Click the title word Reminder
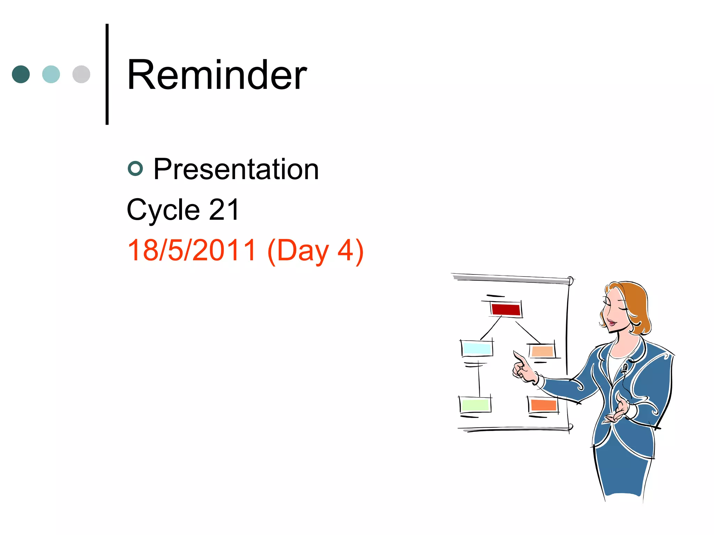[x=217, y=75]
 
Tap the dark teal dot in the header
[x=21, y=74]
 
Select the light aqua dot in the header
[x=51, y=74]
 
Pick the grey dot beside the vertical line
[x=81, y=74]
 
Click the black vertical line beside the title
[x=107, y=74]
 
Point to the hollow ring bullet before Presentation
[x=135, y=169]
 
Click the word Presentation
[x=236, y=169]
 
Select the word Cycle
[x=163, y=210]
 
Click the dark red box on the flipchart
[x=506, y=309]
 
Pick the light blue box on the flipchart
[x=477, y=348]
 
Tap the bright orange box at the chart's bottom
[x=543, y=405]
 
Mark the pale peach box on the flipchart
[x=542, y=351]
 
